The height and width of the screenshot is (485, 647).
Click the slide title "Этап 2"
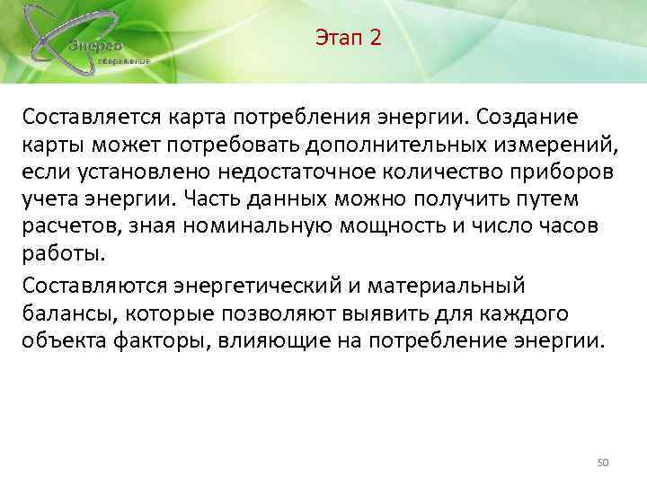click(x=349, y=38)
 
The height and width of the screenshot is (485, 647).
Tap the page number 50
click(x=603, y=462)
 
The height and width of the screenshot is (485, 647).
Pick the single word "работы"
click(x=58, y=255)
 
